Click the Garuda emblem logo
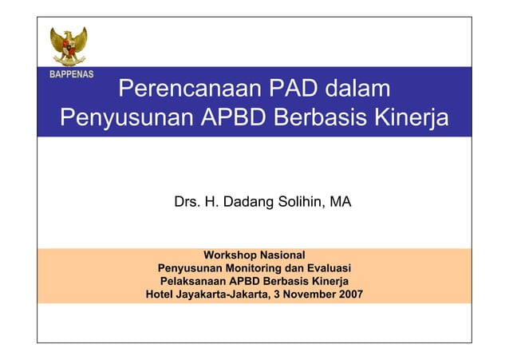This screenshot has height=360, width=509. pos(68,46)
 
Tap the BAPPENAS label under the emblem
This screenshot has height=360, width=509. pos(68,74)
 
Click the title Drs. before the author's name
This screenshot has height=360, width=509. pos(187,203)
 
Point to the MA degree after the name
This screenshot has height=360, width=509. pos(341,203)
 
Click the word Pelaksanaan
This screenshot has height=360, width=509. pos(193,281)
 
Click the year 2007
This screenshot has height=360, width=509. pos(350,294)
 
